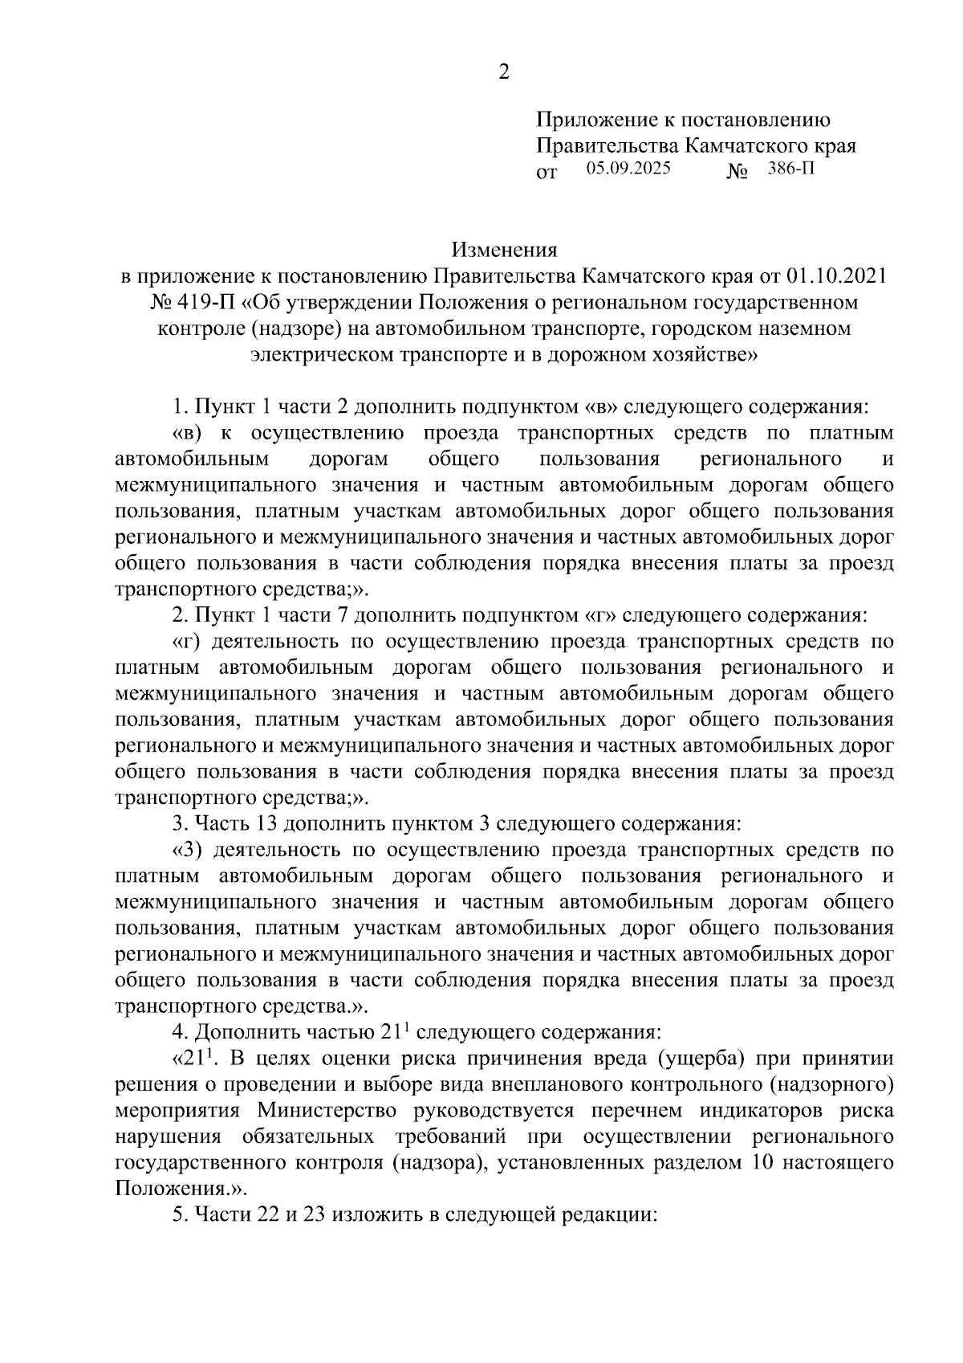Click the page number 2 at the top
pyautogui.click(x=503, y=73)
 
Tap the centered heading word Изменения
pyautogui.click(x=503, y=250)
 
